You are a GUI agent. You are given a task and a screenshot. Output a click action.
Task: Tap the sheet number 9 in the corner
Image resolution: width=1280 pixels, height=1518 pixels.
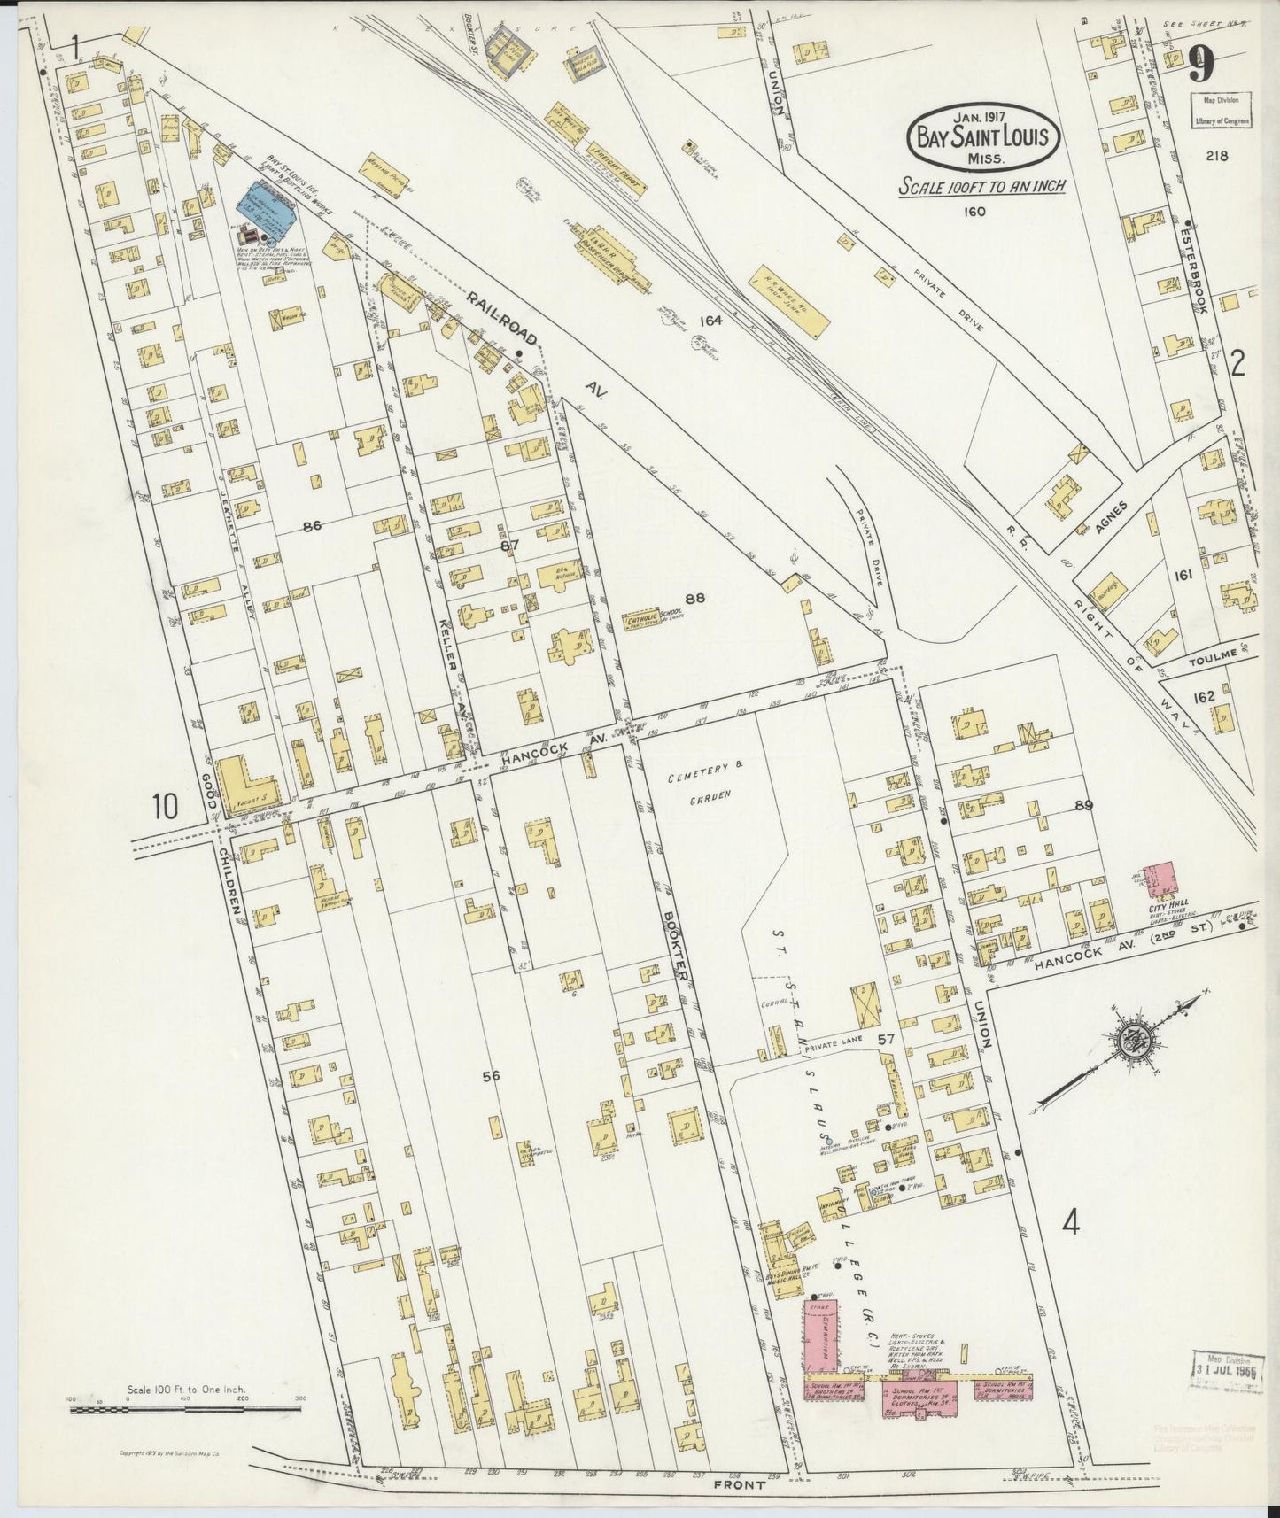point(1200,66)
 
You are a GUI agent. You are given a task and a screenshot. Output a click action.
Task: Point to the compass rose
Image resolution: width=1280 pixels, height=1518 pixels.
point(1131,1041)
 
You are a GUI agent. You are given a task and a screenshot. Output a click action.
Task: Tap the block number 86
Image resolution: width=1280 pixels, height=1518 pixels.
point(311,526)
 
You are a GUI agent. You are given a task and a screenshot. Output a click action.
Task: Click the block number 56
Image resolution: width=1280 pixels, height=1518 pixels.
point(491,1076)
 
